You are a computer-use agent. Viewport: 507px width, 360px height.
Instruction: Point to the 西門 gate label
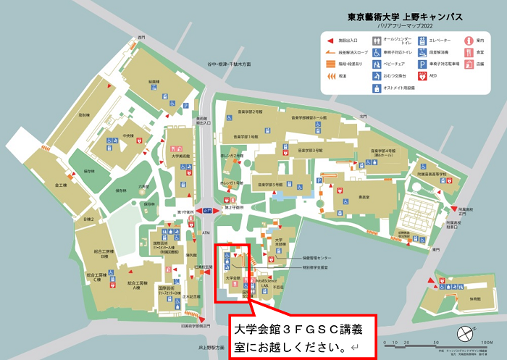coord(131,37)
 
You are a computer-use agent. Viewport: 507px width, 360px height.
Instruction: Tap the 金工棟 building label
coord(59,185)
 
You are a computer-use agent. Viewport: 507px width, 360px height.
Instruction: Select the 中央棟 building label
coord(127,135)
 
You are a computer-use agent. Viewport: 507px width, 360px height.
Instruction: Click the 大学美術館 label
coord(180,156)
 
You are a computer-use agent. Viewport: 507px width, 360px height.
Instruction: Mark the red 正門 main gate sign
coord(208,210)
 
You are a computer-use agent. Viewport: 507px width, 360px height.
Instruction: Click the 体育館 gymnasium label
coord(474,298)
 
